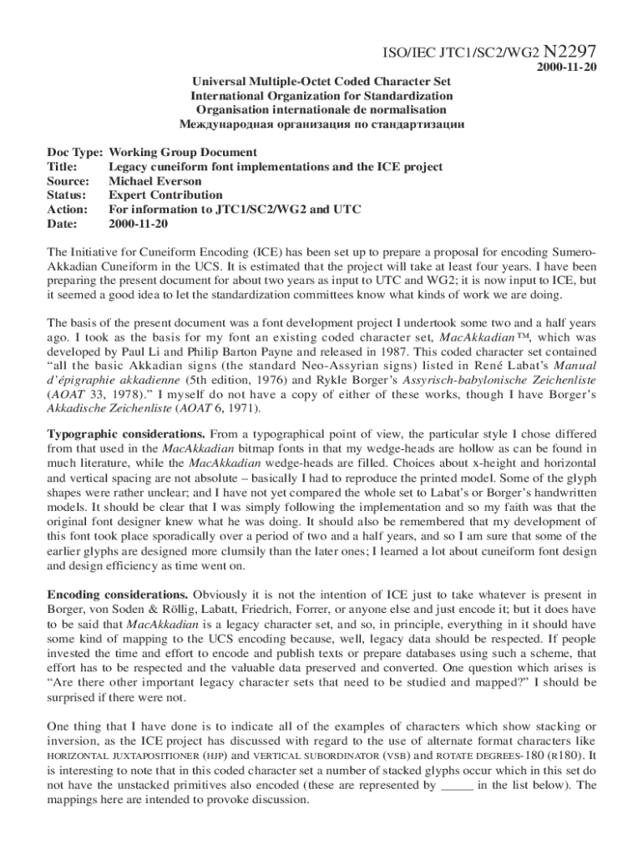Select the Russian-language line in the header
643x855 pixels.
pyautogui.click(x=321, y=124)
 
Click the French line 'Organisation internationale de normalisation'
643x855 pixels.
pyautogui.click(x=321, y=110)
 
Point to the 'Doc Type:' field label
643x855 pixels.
pyautogui.click(x=74, y=153)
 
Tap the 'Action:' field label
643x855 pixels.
pyautogui.click(x=68, y=210)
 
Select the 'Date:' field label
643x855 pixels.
pyautogui.click(x=63, y=225)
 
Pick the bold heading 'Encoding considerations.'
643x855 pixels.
pyautogui.click(x=118, y=595)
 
